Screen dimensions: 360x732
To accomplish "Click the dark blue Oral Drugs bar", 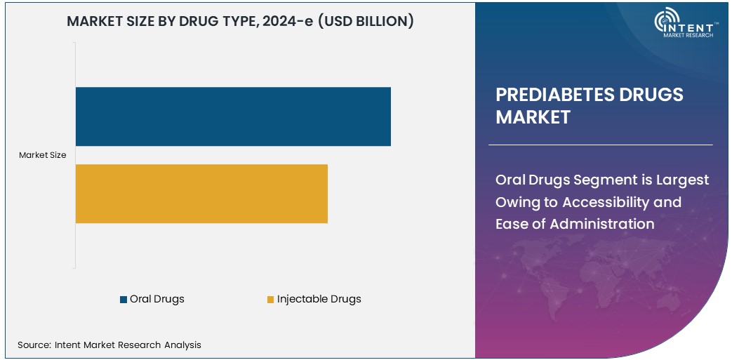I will [x=232, y=116].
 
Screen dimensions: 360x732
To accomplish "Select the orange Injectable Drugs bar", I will [x=201, y=194].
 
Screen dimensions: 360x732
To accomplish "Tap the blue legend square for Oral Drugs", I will [x=124, y=300].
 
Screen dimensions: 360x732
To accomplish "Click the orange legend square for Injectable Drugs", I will [x=270, y=300].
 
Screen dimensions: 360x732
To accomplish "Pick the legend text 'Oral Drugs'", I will [x=157, y=299].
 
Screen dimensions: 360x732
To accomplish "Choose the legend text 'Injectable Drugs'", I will [x=319, y=299].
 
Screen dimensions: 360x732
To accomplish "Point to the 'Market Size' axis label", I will [x=43, y=155].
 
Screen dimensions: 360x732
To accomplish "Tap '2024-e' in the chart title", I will [x=288, y=22].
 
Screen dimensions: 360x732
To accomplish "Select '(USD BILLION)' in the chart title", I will [x=365, y=22].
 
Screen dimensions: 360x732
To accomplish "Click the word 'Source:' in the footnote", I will [x=34, y=345].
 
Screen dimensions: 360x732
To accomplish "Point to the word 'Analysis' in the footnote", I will [x=182, y=345].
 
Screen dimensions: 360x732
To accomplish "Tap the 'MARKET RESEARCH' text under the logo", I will [x=688, y=35].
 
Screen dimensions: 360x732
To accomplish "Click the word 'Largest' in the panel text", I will [x=682, y=180].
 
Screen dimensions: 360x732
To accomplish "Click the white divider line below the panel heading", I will [x=600, y=145].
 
